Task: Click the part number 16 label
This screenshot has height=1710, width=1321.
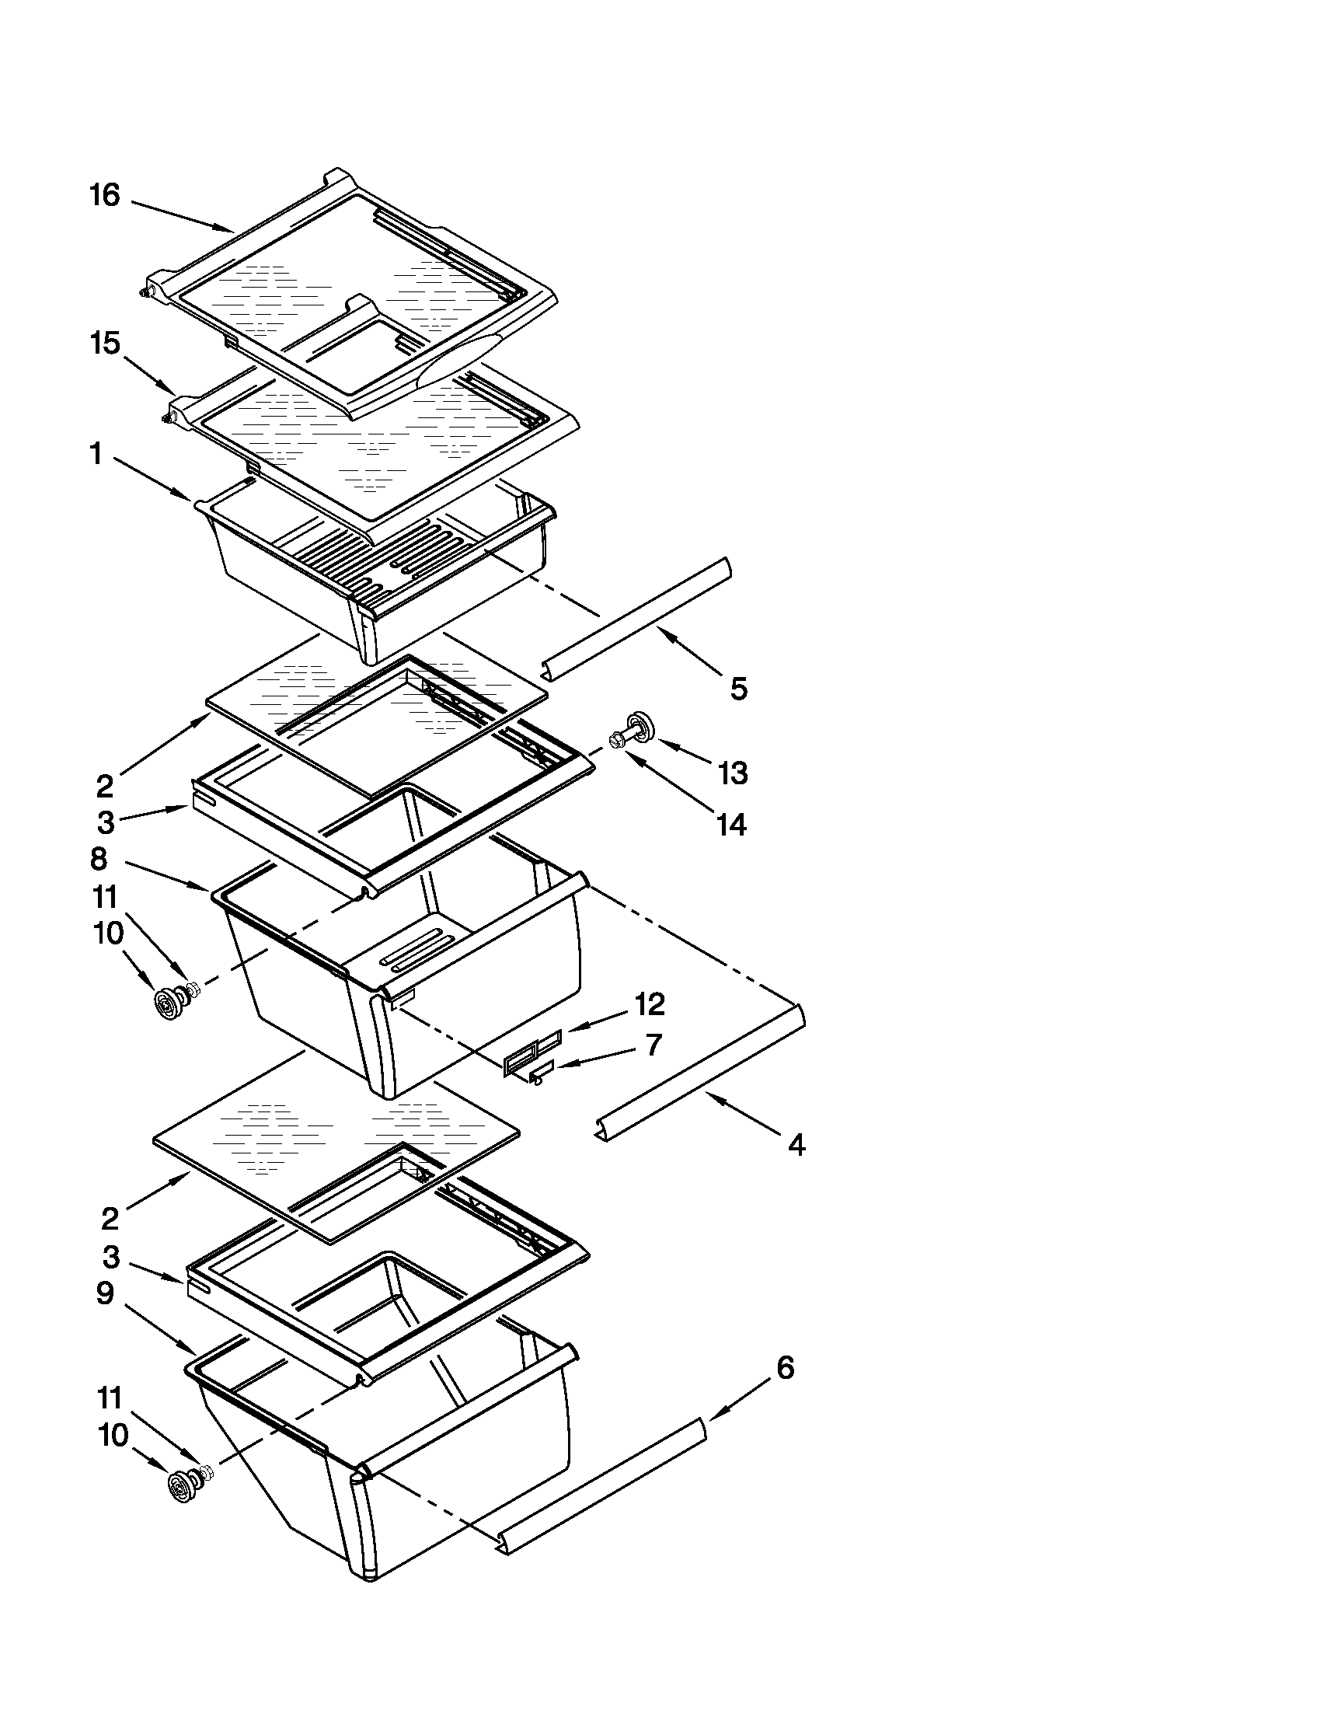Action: click(x=105, y=196)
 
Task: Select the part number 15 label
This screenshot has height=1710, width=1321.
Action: click(x=105, y=344)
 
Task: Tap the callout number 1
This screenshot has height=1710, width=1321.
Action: click(x=96, y=454)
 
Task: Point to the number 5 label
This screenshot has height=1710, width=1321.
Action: click(x=739, y=689)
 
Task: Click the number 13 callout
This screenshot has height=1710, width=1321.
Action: click(x=734, y=773)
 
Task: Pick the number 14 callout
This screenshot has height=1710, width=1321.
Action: click(x=730, y=825)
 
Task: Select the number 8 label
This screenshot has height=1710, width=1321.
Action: click(x=99, y=859)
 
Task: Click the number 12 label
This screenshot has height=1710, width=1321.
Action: click(x=650, y=1003)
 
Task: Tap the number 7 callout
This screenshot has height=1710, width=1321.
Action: click(x=654, y=1045)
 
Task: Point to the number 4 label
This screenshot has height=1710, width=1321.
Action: click(x=796, y=1146)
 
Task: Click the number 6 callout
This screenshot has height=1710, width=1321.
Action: click(x=785, y=1368)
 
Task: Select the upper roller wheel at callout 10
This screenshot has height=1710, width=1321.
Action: click(x=169, y=1005)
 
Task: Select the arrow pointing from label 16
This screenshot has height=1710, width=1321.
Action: click(x=182, y=216)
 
